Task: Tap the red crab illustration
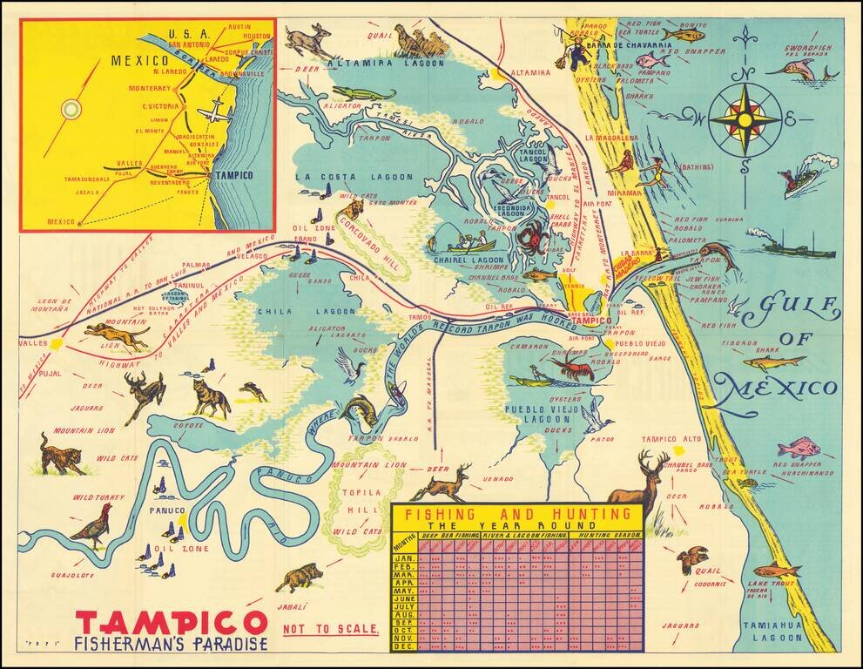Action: tap(529, 234)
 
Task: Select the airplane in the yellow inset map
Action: tap(214, 113)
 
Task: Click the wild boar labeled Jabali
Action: tap(299, 576)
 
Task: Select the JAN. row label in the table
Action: tap(404, 557)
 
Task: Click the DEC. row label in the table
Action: tap(404, 645)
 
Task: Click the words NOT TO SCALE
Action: tap(331, 628)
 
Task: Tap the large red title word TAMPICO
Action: tap(171, 623)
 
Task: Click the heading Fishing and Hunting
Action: tap(516, 514)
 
